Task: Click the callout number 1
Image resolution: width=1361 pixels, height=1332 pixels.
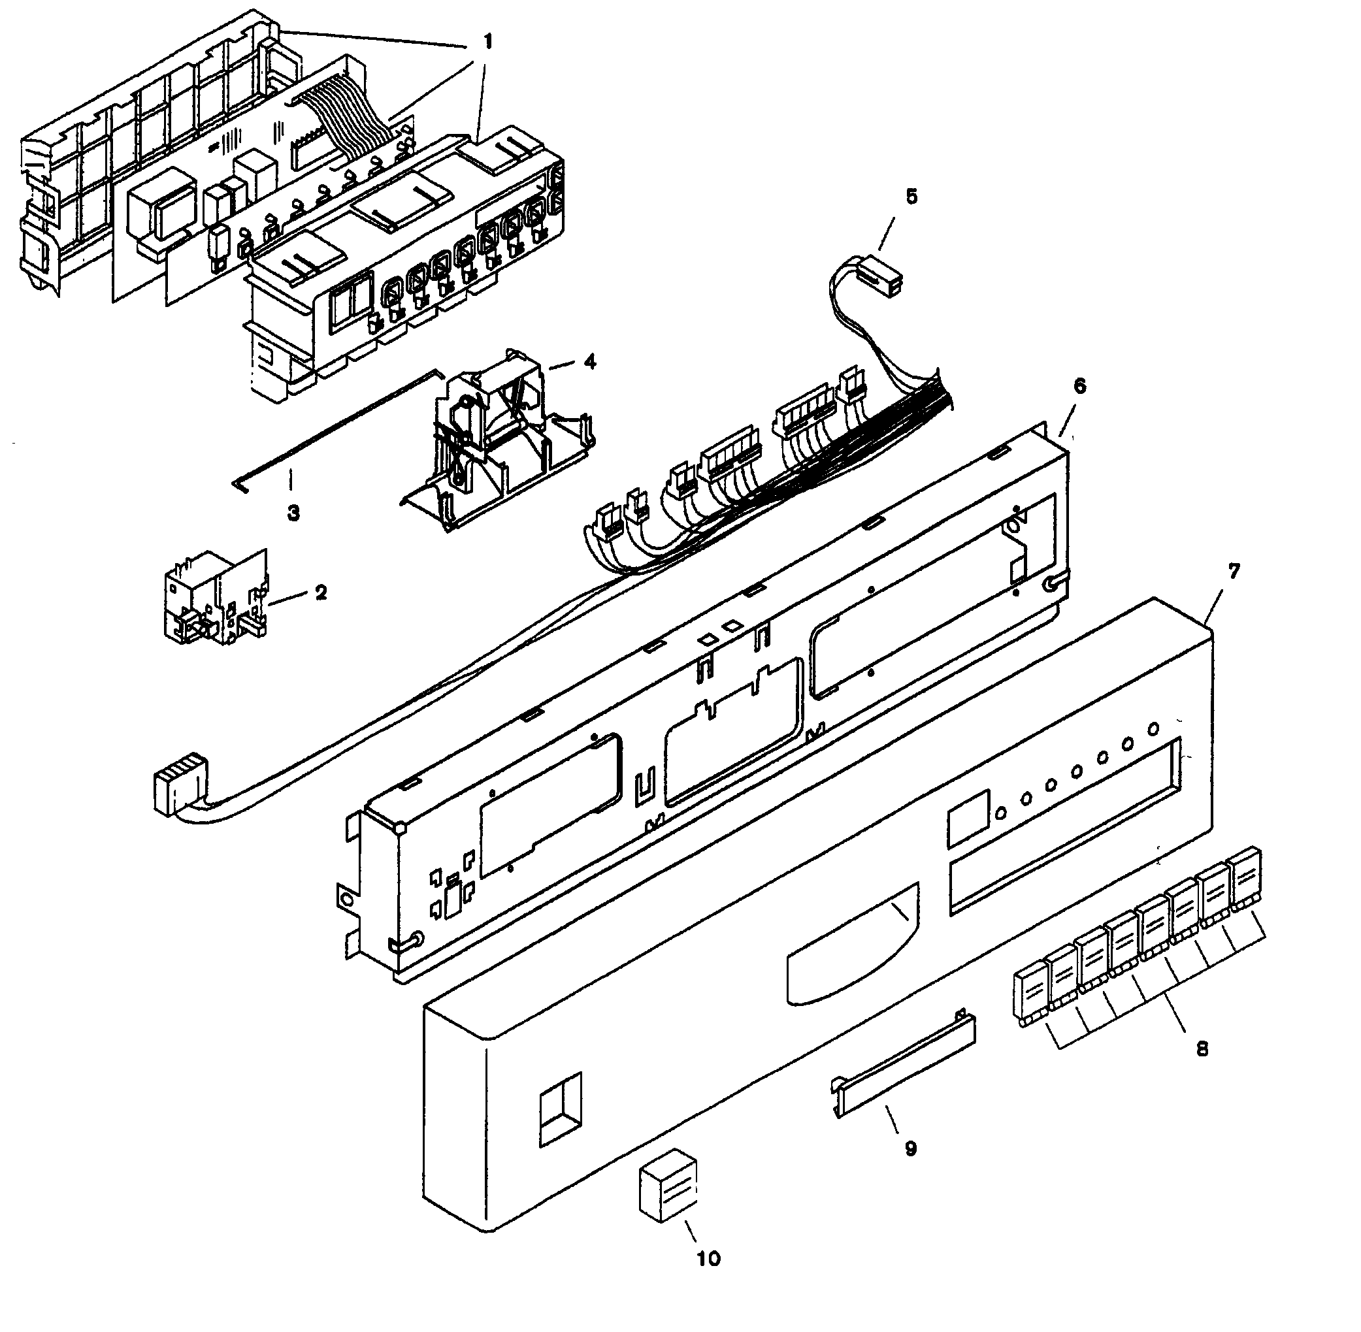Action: [487, 42]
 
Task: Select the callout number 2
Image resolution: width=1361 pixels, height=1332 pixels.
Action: [320, 593]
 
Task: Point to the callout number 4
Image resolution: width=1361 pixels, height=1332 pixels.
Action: [590, 362]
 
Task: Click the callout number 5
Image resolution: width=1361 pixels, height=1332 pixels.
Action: [911, 197]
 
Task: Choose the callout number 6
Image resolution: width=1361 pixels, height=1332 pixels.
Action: [1079, 385]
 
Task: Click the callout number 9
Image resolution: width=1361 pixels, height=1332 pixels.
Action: [910, 1148]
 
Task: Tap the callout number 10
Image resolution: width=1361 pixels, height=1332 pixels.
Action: [708, 1259]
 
